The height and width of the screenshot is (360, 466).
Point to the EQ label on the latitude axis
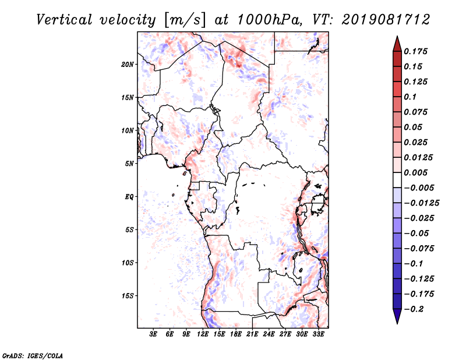click(x=129, y=197)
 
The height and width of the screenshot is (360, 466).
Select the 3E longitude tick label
click(x=154, y=335)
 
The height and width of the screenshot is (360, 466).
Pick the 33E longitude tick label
click(x=319, y=335)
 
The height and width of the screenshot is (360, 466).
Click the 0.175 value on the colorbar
click(x=417, y=51)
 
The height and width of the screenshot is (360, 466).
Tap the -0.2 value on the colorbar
click(x=415, y=309)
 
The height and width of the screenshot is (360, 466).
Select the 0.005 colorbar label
click(x=417, y=173)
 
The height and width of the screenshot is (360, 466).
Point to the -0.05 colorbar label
click(x=419, y=233)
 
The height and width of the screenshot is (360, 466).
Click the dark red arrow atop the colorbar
click(x=397, y=42)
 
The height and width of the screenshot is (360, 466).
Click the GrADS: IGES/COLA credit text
click(x=25, y=355)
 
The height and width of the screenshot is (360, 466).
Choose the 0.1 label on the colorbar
click(x=412, y=97)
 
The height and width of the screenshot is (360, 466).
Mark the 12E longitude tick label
click(x=203, y=335)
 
